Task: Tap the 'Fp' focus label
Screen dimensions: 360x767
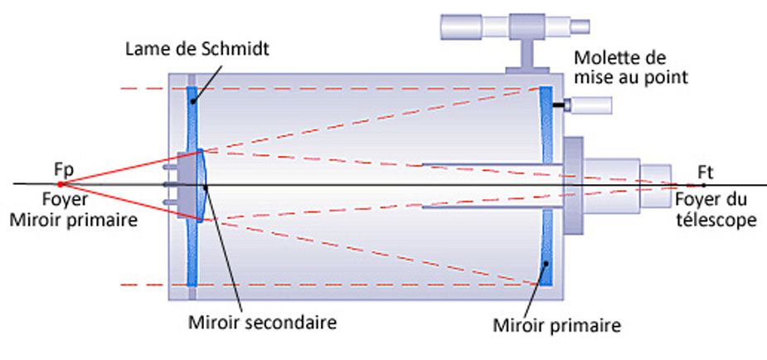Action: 64,170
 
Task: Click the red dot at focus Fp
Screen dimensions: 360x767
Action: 61,184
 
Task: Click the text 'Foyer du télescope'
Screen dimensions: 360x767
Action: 715,209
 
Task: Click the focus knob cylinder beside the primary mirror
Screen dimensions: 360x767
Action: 594,105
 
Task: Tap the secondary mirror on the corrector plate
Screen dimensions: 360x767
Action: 202,184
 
